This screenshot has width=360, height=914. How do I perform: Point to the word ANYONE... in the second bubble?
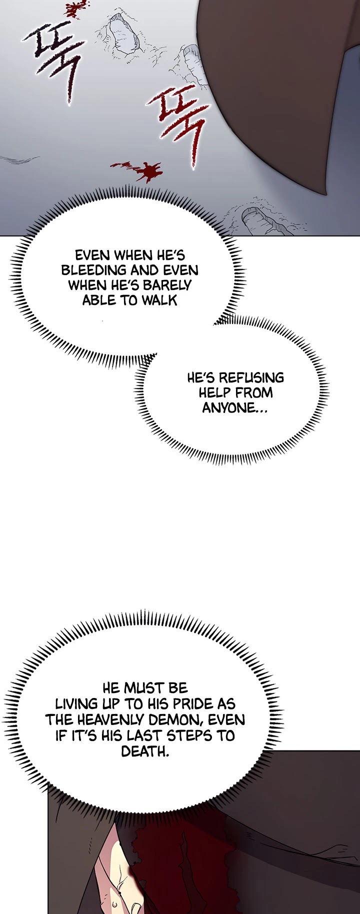point(235,408)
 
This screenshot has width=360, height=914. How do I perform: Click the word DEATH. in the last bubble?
point(145,751)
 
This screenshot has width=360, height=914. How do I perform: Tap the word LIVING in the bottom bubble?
point(77,704)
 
